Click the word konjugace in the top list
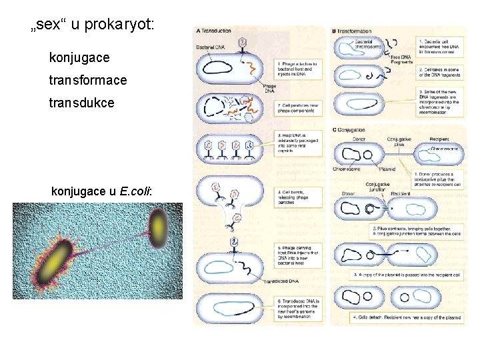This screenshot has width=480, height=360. (x=79, y=59)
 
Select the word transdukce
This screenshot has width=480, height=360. (x=81, y=103)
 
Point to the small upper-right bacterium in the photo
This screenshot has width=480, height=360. (x=159, y=221)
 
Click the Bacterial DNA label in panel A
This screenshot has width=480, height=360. (x=211, y=47)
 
